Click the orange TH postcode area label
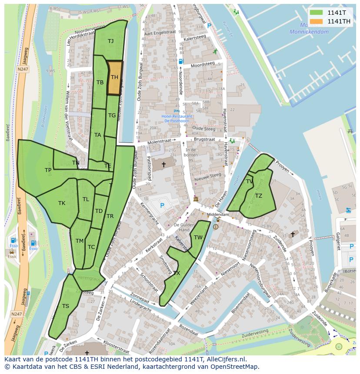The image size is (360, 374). click(x=114, y=77)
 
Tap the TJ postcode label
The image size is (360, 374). click(x=111, y=41)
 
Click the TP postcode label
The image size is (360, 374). click(x=48, y=170)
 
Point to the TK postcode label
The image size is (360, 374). click(x=62, y=203)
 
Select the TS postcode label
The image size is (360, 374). click(x=65, y=306)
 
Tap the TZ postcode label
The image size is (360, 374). click(x=259, y=196)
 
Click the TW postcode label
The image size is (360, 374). click(x=198, y=237)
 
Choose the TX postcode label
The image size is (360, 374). click(x=177, y=273)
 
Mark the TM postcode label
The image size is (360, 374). click(x=79, y=241)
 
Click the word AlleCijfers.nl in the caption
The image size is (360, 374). click(x=225, y=359)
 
